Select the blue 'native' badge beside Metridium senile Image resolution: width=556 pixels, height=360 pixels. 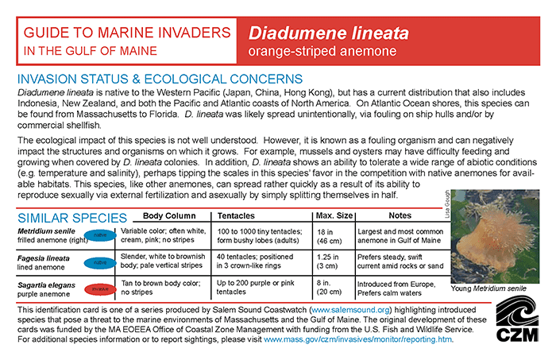click(x=100, y=235)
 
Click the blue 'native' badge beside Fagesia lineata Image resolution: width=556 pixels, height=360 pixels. click(x=100, y=261)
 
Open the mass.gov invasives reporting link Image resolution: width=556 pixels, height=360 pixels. click(x=357, y=339)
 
